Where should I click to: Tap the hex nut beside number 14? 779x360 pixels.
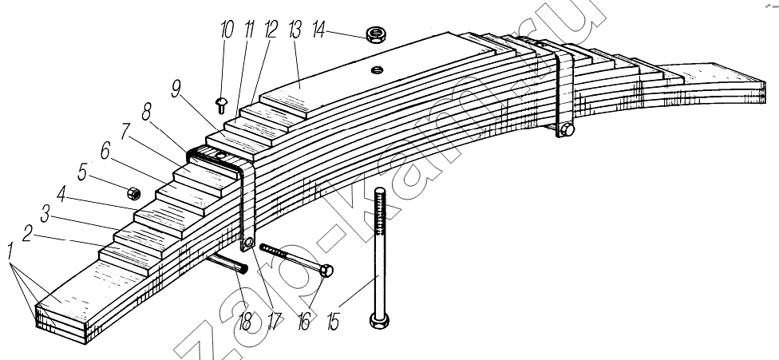click(x=376, y=34)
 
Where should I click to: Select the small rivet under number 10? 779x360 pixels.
click(x=220, y=105)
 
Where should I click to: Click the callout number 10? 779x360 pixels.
click(x=226, y=30)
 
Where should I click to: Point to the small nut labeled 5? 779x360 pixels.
click(x=133, y=192)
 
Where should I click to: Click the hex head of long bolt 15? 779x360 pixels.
click(x=379, y=320)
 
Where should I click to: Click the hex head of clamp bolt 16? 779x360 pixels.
click(x=326, y=271)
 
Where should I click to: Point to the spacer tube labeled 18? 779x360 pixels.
click(x=227, y=262)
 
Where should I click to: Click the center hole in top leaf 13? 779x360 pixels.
click(x=377, y=70)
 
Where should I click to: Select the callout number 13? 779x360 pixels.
click(x=294, y=30)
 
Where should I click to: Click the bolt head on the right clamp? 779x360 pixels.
click(x=567, y=131)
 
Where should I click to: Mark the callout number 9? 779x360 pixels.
click(x=175, y=90)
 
